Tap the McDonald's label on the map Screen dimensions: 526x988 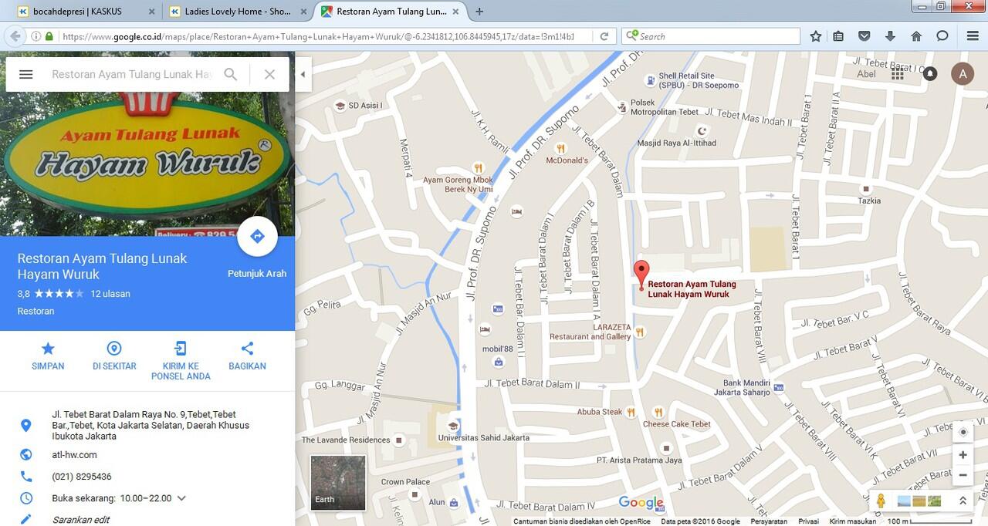pos(567,160)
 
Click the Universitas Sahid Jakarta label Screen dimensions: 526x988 pos(483,437)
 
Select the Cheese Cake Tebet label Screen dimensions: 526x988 pos(677,423)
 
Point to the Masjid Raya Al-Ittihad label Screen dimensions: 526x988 pos(677,143)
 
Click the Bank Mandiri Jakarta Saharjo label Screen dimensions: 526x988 pos(746,387)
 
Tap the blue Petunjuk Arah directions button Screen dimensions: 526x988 pos(257,237)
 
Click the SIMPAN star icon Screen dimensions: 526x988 pos(48,349)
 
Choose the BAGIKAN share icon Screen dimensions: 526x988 pos(247,349)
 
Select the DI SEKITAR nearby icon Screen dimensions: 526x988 pos(114,349)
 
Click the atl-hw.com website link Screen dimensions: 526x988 pos(74,455)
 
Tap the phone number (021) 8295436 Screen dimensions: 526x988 pos(82,477)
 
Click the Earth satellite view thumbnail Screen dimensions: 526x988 pos(338,482)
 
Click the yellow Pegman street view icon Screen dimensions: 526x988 pos(881,501)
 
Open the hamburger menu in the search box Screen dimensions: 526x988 pos(25,74)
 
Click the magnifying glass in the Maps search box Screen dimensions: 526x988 pos(230,74)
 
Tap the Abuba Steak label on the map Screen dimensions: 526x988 pos(600,412)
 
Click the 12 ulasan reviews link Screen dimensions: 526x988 pos(110,294)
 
